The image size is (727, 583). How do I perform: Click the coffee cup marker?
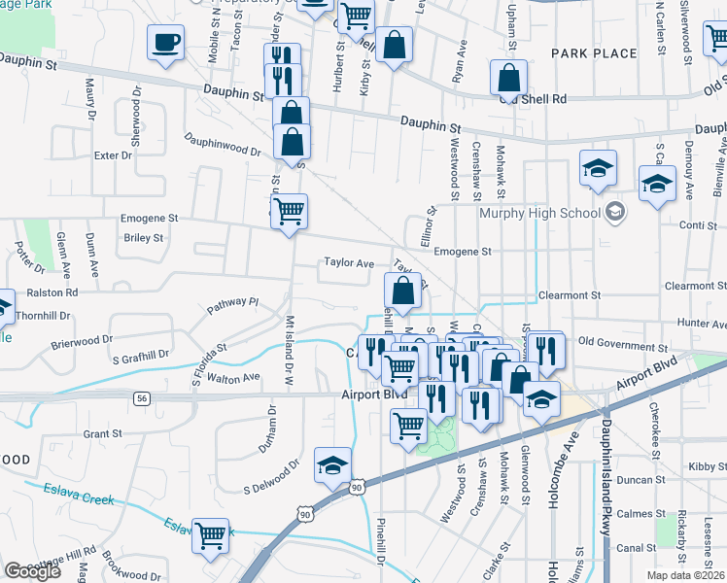tap(165, 43)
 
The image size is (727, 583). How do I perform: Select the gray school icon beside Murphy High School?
tap(614, 211)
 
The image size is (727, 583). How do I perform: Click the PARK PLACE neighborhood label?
tap(593, 53)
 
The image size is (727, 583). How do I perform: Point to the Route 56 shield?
tap(143, 398)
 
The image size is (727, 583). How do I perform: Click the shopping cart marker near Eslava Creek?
tap(211, 534)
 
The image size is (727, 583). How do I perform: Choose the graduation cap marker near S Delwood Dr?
tap(332, 465)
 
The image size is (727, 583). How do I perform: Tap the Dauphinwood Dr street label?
tap(223, 146)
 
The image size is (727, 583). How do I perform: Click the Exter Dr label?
tap(113, 155)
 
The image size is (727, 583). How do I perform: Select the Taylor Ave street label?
tap(349, 263)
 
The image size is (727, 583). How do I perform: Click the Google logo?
tap(33, 570)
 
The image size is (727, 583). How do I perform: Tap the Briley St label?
tap(143, 237)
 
